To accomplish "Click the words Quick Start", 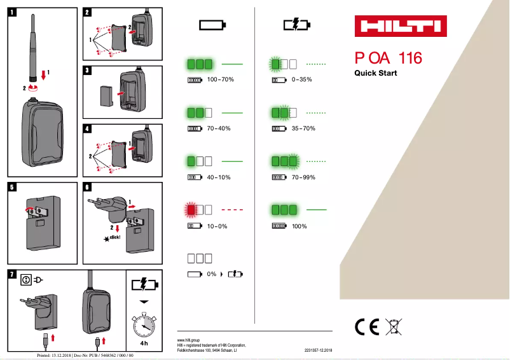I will tap(375, 73).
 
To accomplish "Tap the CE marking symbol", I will tap(367, 326).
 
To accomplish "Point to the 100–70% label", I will tap(221, 80).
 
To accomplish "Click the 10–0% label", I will tap(217, 226).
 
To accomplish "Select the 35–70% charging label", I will tap(303, 128).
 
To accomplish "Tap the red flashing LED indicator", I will tap(191, 209).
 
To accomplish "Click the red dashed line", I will tap(233, 209).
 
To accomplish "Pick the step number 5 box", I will tap(13, 187).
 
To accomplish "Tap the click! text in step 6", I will tap(114, 237).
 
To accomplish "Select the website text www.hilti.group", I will tap(189, 340).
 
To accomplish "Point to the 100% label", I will tap(299, 226).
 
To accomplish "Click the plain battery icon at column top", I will tap(212, 25).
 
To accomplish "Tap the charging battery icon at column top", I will tap(297, 25).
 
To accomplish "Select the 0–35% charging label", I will tap(301, 80).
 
